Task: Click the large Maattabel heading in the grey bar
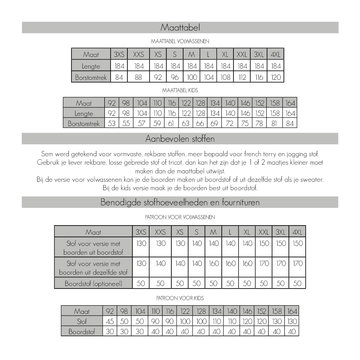[x=180, y=28]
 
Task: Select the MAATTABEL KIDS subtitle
[x=180, y=90]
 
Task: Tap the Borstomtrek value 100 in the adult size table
[x=192, y=77]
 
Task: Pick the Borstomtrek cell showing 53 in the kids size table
[x=111, y=123]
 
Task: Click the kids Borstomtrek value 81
[x=274, y=123]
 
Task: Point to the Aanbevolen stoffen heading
[x=180, y=139]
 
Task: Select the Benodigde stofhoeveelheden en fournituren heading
[x=180, y=202]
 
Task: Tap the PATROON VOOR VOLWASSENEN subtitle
[x=180, y=217]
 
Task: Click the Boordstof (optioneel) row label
[x=93, y=283]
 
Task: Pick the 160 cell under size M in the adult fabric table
[x=214, y=263]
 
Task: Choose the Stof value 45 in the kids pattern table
[x=110, y=321]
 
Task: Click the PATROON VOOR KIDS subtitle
[x=180, y=298]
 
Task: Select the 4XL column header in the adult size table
[x=276, y=54]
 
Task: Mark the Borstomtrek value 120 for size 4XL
[x=276, y=77]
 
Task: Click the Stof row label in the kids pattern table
[x=82, y=321]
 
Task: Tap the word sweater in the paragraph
[x=312, y=179]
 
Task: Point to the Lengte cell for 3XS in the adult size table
[x=119, y=66]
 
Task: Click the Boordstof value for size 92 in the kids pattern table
[x=110, y=332]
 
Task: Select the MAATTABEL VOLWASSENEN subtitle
[x=180, y=41]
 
